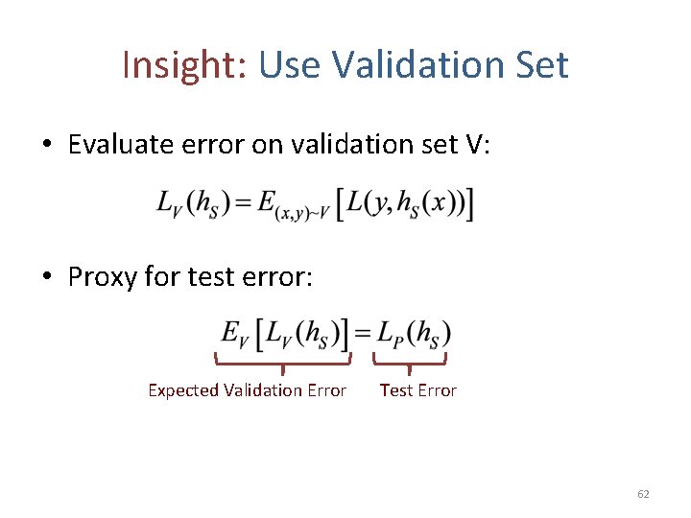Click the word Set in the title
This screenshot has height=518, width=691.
pos(541,65)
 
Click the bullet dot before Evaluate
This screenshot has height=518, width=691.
pos(47,145)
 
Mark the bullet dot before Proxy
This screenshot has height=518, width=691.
pos(47,278)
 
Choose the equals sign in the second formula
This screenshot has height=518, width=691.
pos(362,334)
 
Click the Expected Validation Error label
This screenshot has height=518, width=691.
pos(247,390)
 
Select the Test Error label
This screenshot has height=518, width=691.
pos(417,390)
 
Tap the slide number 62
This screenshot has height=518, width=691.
pos(643,494)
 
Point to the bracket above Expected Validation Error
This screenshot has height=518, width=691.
pos(283,363)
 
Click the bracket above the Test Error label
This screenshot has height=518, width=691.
pos(410,363)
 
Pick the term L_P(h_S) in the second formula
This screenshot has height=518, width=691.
pos(411,334)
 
